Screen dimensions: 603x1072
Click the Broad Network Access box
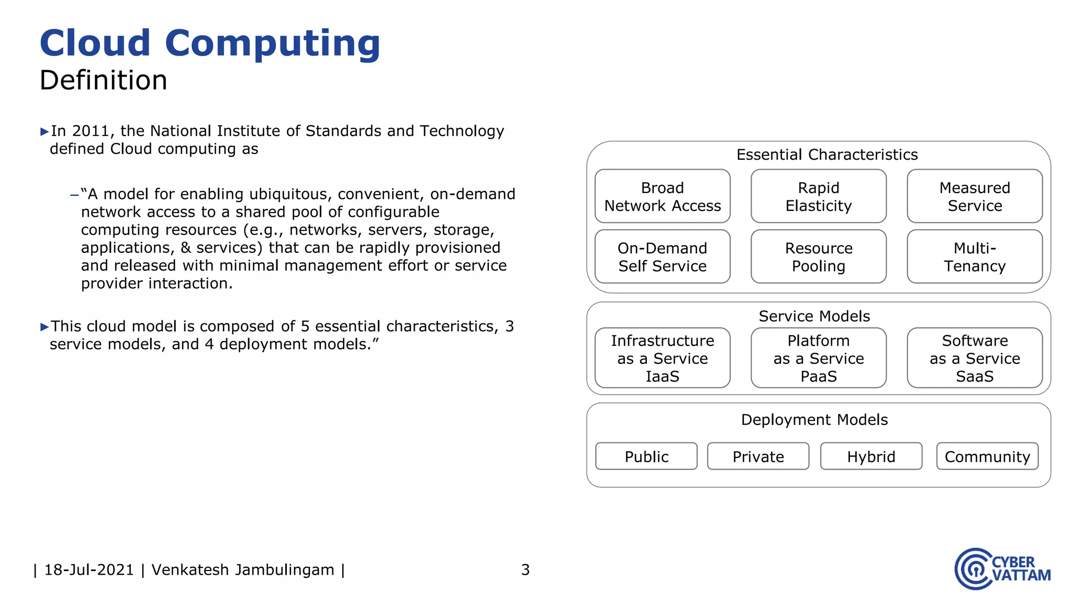tap(662, 196)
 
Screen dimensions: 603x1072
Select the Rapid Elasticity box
tap(818, 196)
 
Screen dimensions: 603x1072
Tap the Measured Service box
tap(974, 196)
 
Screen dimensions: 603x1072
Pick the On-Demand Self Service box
tap(662, 256)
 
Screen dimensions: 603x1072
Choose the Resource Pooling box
tap(818, 256)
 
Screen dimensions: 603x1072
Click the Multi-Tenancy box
tap(974, 256)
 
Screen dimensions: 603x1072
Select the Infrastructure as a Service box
tap(662, 358)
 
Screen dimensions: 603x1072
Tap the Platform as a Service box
tap(818, 358)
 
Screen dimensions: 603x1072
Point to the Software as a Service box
tap(974, 358)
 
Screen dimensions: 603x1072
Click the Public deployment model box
tap(646, 456)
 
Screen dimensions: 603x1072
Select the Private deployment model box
tap(758, 456)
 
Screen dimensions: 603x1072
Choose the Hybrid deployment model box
tap(871, 456)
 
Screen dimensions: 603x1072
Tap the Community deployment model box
tap(987, 456)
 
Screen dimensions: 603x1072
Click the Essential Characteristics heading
tap(827, 154)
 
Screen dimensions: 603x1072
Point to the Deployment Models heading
tap(814, 420)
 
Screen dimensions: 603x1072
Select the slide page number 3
tap(526, 569)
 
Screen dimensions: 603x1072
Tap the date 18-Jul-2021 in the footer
tap(89, 569)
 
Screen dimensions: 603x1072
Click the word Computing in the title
tap(272, 44)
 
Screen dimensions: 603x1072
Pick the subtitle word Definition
tap(104, 81)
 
